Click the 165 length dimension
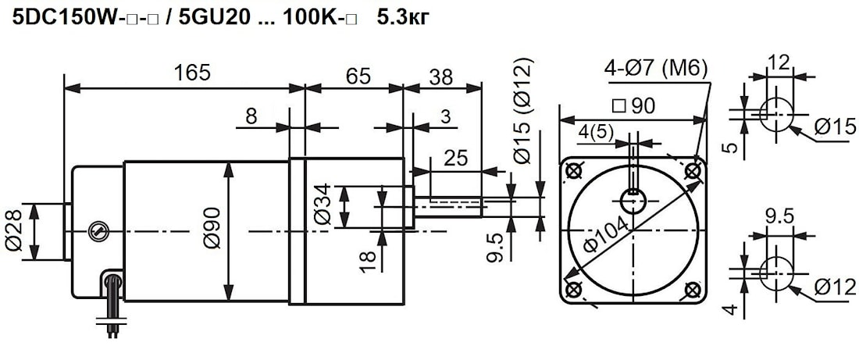tap(192, 73)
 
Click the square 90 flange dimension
tap(633, 106)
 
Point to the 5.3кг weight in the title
tap(402, 16)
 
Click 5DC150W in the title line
tap(62, 16)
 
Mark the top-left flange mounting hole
tap(575, 170)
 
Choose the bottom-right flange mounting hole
tap(692, 290)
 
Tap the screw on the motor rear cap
tap(96, 230)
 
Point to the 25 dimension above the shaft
tap(454, 159)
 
